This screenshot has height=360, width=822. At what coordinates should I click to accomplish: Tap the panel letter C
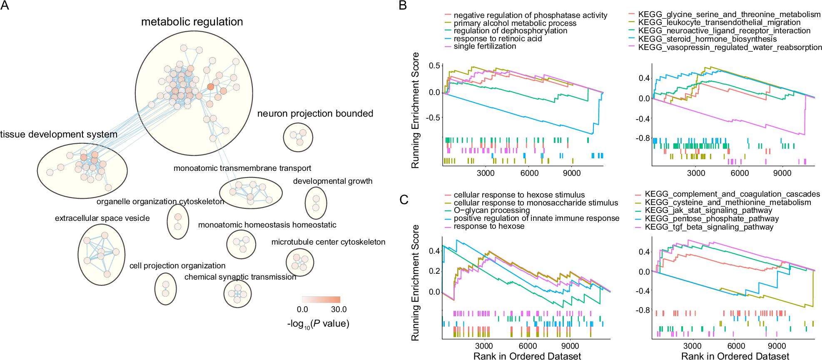click(404, 200)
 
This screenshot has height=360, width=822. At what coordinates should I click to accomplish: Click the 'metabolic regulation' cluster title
click(192, 22)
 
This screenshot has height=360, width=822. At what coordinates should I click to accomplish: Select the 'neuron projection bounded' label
click(315, 113)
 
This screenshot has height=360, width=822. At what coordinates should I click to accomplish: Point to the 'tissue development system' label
click(59, 134)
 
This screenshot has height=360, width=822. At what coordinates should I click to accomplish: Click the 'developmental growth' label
click(332, 181)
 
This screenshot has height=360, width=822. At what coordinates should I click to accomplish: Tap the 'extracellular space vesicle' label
click(102, 218)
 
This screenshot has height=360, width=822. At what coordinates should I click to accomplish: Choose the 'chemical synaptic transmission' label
click(240, 277)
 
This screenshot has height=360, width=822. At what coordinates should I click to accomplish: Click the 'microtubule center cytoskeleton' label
click(328, 242)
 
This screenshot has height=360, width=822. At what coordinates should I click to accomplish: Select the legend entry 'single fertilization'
click(485, 46)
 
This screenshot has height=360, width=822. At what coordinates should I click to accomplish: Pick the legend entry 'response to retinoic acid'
click(498, 39)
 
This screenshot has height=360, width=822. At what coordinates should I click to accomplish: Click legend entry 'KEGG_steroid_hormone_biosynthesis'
click(707, 39)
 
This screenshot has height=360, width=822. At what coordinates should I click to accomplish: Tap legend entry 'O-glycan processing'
click(491, 210)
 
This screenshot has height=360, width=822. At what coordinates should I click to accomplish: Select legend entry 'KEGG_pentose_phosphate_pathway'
click(712, 219)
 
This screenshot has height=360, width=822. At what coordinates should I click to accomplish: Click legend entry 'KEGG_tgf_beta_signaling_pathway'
click(709, 227)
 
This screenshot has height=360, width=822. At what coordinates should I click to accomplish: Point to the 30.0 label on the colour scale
click(339, 310)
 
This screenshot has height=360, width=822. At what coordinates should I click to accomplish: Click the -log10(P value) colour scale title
click(318, 324)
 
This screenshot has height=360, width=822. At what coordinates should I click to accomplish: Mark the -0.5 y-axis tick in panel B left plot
click(433, 117)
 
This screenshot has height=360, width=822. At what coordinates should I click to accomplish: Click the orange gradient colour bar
click(321, 300)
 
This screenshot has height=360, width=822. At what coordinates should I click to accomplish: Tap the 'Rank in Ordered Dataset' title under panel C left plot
click(527, 356)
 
